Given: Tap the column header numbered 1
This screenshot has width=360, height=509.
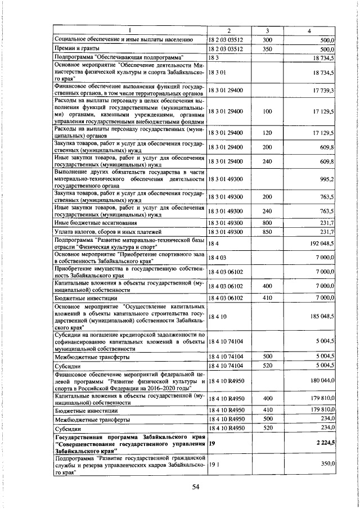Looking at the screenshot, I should (129, 30).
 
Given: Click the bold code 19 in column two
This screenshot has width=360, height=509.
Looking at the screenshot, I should (212, 444).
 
